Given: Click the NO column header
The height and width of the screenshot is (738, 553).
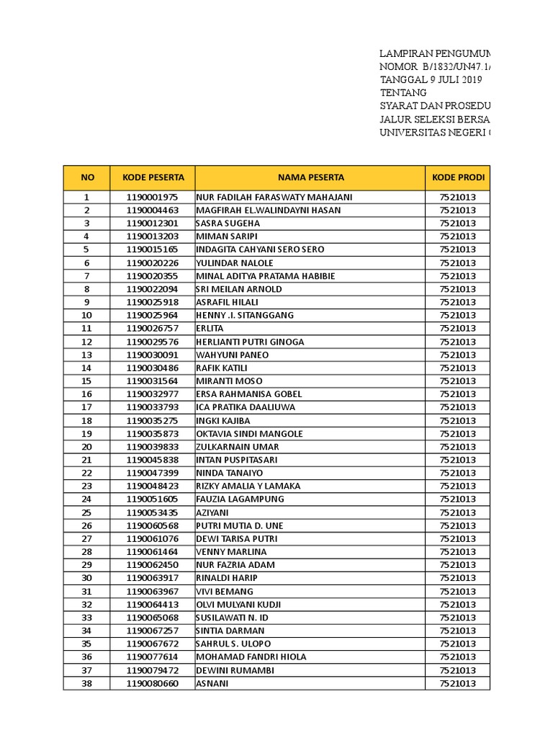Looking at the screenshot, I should click(x=86, y=177).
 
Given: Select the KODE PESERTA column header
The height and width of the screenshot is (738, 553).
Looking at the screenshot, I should click(x=153, y=177).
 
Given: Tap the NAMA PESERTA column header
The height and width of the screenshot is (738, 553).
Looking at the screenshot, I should click(x=310, y=177).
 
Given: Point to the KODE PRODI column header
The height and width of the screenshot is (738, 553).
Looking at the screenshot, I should click(x=458, y=177).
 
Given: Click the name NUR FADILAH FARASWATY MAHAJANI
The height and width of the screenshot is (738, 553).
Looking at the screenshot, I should click(x=274, y=197).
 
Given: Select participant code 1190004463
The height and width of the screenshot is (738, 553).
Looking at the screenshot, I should click(x=153, y=210).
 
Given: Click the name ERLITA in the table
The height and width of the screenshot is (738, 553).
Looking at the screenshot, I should click(x=210, y=329).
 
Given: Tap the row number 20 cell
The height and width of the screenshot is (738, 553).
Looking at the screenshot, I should click(x=86, y=447).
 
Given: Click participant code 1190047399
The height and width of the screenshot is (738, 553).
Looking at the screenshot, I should click(x=153, y=473).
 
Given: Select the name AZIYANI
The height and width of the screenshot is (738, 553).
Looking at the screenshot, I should click(x=214, y=512).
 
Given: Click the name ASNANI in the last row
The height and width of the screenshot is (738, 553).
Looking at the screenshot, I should click(x=212, y=683).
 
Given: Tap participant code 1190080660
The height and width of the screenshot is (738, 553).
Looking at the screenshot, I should click(x=153, y=683).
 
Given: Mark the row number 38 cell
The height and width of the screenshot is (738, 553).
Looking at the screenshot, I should click(x=86, y=683).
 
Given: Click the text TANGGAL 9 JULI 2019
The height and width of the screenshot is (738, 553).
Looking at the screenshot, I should click(x=431, y=80).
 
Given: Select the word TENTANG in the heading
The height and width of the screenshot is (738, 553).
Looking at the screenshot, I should click(x=403, y=93).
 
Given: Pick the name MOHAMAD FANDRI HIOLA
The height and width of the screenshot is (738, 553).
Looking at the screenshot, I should click(x=251, y=657).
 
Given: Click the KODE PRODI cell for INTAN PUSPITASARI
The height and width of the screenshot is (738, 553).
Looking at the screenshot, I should click(x=458, y=460).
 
